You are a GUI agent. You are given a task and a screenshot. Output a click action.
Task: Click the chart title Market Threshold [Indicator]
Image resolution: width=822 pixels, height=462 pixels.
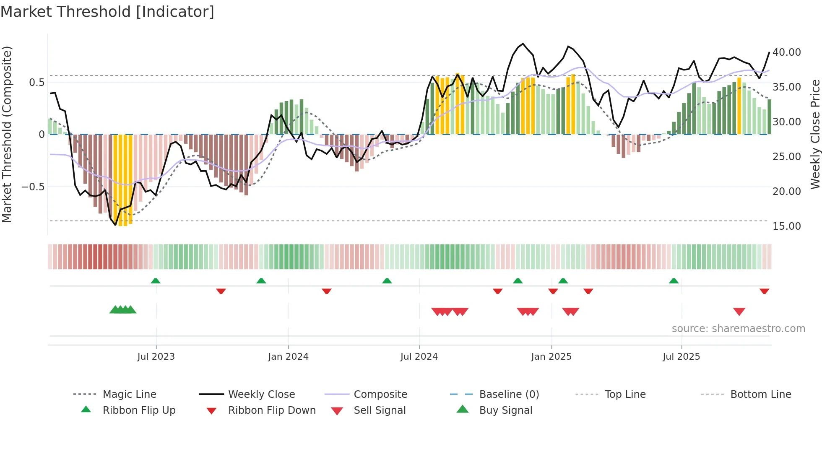pos(107,12)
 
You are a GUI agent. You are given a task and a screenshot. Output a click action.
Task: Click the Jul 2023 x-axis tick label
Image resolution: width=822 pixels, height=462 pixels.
pos(156,357)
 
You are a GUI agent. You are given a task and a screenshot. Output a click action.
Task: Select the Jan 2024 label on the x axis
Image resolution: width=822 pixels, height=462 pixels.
pos(288,357)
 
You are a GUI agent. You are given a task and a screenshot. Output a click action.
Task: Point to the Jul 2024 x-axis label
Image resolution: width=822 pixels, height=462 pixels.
pos(419,357)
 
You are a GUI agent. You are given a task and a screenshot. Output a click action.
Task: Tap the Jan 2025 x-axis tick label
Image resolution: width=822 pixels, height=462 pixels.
pos(551,357)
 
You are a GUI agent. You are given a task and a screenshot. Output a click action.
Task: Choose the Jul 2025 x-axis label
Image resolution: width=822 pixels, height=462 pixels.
pos(681,357)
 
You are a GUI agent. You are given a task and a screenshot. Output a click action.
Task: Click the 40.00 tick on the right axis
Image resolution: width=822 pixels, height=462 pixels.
pos(786,52)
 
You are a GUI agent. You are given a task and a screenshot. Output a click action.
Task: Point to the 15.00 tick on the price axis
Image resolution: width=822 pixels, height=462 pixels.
pos(786,226)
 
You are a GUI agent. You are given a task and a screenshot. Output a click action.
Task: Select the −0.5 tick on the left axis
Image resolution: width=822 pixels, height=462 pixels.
pos(33,187)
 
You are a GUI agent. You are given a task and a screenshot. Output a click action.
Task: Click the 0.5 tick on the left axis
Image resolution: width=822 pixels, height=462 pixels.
pos(36,83)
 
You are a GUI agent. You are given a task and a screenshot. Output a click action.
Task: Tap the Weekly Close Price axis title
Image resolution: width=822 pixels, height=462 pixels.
pos(815,134)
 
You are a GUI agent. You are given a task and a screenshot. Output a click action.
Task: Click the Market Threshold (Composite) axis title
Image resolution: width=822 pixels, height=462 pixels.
pos(7,134)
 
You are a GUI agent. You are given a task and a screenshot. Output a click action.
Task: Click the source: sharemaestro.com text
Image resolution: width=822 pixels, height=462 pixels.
pos(738,329)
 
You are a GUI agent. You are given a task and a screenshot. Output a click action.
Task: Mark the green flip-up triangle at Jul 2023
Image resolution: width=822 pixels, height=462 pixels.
pos(156,281)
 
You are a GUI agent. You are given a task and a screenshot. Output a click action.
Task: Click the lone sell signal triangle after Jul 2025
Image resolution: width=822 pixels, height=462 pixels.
pos(739,311)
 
